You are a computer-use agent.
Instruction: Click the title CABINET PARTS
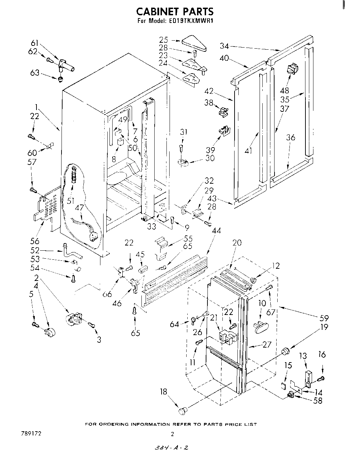[175, 12]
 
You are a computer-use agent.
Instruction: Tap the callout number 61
[35, 43]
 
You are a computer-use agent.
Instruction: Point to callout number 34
[224, 45]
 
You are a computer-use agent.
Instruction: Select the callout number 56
[35, 241]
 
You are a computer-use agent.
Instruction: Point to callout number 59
[324, 318]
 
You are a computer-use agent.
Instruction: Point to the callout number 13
[303, 356]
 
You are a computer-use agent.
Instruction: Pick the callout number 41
[248, 151]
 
